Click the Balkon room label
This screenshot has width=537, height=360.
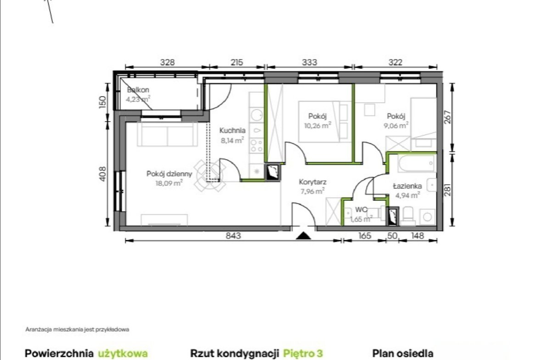click(138, 90)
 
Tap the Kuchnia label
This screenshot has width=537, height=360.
click(233, 130)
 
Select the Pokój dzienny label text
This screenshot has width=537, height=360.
click(169, 174)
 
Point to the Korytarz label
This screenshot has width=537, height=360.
click(313, 182)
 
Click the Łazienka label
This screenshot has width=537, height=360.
click(407, 186)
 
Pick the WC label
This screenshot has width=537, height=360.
click(361, 210)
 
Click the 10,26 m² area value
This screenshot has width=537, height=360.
click(318, 125)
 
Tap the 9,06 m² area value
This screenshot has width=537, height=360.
click(396, 125)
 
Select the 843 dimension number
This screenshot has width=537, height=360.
click(233, 236)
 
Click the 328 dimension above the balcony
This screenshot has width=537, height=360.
click(168, 62)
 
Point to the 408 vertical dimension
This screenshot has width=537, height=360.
click(102, 174)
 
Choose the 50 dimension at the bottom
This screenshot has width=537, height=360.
click(392, 236)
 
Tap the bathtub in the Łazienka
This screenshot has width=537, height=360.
click(417, 164)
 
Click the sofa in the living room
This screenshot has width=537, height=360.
click(168, 134)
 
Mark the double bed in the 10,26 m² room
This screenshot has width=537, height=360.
click(324, 122)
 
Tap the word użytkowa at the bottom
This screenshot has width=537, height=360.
click(123, 354)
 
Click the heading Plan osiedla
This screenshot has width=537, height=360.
click(403, 353)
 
